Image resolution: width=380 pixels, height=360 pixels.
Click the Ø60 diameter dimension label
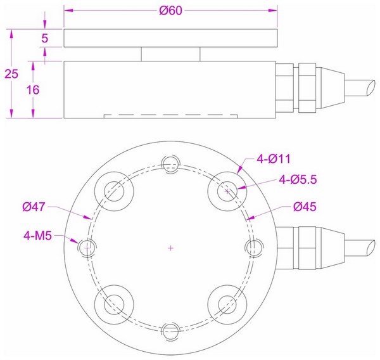[170, 11]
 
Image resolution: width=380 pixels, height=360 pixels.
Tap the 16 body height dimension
[34, 90]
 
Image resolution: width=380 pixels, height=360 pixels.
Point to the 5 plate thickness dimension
[44, 38]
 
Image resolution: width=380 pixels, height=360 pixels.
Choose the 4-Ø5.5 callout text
[297, 180]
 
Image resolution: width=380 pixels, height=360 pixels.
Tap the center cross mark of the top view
[170, 248]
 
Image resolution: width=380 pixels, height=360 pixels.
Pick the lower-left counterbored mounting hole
[115, 303]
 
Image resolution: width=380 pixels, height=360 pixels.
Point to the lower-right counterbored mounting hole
[227, 303]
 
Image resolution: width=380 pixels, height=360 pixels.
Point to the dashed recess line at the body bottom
[170, 115]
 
